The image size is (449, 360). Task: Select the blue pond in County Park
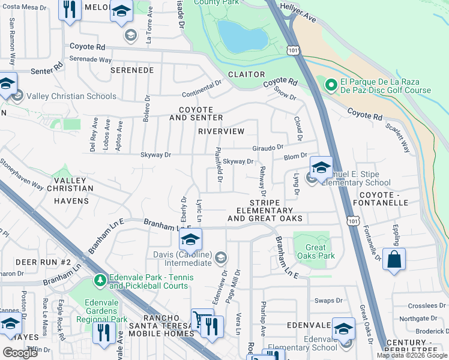[x=243, y=36]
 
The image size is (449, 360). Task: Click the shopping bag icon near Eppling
[x=394, y=260]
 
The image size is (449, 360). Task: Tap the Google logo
[x=20, y=353]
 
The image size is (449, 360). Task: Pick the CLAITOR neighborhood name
[x=246, y=74]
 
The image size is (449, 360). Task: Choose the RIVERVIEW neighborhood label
[x=221, y=131]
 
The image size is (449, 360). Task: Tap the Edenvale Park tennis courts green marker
[x=100, y=280]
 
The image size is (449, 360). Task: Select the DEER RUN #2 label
[x=43, y=262]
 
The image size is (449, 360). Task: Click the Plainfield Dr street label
[x=219, y=166]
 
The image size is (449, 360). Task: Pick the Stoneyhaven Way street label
[x=21, y=174]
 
